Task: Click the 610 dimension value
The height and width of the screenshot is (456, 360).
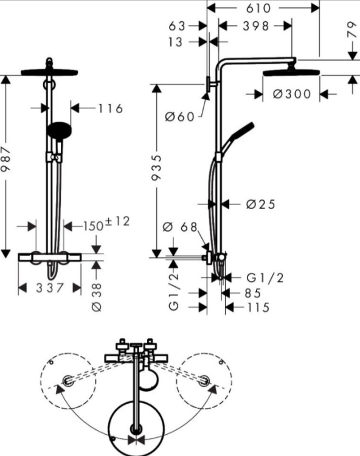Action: [x=258, y=8]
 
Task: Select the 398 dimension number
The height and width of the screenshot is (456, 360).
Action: [x=256, y=26]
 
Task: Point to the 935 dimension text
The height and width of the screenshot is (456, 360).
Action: [x=156, y=168]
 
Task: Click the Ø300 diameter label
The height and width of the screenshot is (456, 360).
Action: [x=292, y=94]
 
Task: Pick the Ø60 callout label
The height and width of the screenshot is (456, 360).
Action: [x=179, y=117]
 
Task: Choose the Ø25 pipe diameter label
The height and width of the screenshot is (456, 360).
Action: [x=260, y=204]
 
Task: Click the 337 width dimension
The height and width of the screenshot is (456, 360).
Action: [x=50, y=288]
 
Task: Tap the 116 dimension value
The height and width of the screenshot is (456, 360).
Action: [x=111, y=109]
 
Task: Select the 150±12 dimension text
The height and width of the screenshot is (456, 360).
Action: [x=106, y=224]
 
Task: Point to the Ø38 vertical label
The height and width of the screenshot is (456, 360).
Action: [x=97, y=297]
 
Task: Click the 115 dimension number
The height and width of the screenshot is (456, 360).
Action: [x=258, y=308]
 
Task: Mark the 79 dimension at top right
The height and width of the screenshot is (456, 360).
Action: [x=352, y=29]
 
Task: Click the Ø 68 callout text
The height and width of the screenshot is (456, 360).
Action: [x=180, y=227]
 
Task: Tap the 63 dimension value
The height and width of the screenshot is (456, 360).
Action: [x=177, y=26]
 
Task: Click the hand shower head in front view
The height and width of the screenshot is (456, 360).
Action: [x=60, y=131]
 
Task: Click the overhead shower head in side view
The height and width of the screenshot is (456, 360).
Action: [x=292, y=72]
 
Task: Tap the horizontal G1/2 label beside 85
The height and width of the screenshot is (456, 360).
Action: [x=265, y=278]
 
